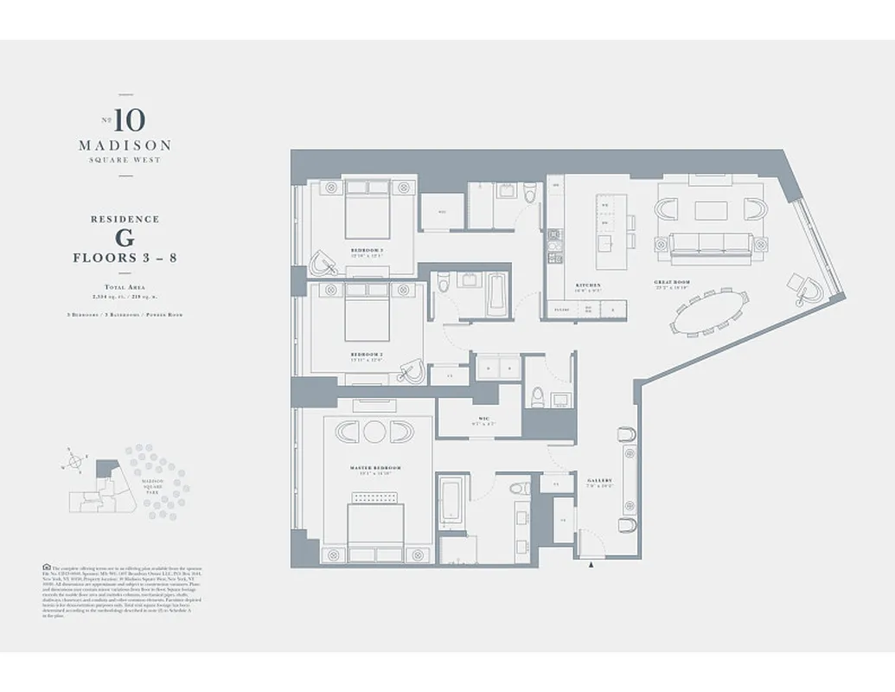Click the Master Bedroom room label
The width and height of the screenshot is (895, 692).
[375, 468]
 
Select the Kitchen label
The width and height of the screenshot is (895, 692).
[588, 285]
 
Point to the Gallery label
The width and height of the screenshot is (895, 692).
[599, 480]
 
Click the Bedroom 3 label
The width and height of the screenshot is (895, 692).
[367, 250]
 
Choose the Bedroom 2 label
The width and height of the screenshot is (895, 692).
[367, 355]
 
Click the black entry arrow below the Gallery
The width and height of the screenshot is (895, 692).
[591, 565]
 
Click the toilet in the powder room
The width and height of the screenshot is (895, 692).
[536, 396]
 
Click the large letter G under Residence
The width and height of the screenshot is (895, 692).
[125, 237]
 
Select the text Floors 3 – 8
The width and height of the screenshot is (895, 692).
[125, 258]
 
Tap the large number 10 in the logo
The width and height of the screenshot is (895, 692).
[129, 119]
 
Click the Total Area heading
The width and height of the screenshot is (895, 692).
[125, 285]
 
